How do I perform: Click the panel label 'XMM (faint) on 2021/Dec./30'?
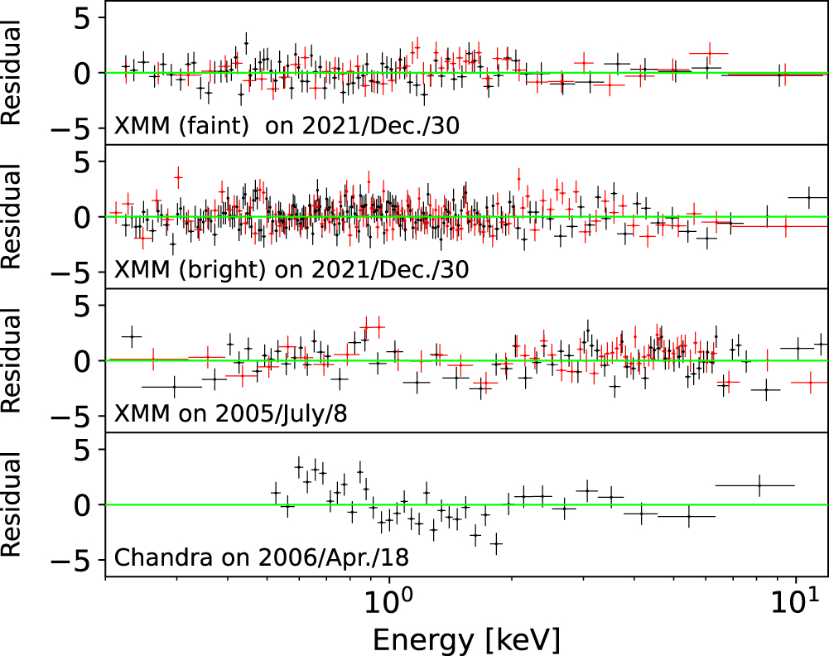(x=287, y=127)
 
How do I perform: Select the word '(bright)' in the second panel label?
(x=203, y=270)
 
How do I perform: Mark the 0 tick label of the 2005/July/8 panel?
(x=84, y=361)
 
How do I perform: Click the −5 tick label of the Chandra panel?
(x=75, y=561)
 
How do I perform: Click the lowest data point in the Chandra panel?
(x=496, y=544)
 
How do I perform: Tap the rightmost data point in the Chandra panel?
(x=759, y=485)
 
